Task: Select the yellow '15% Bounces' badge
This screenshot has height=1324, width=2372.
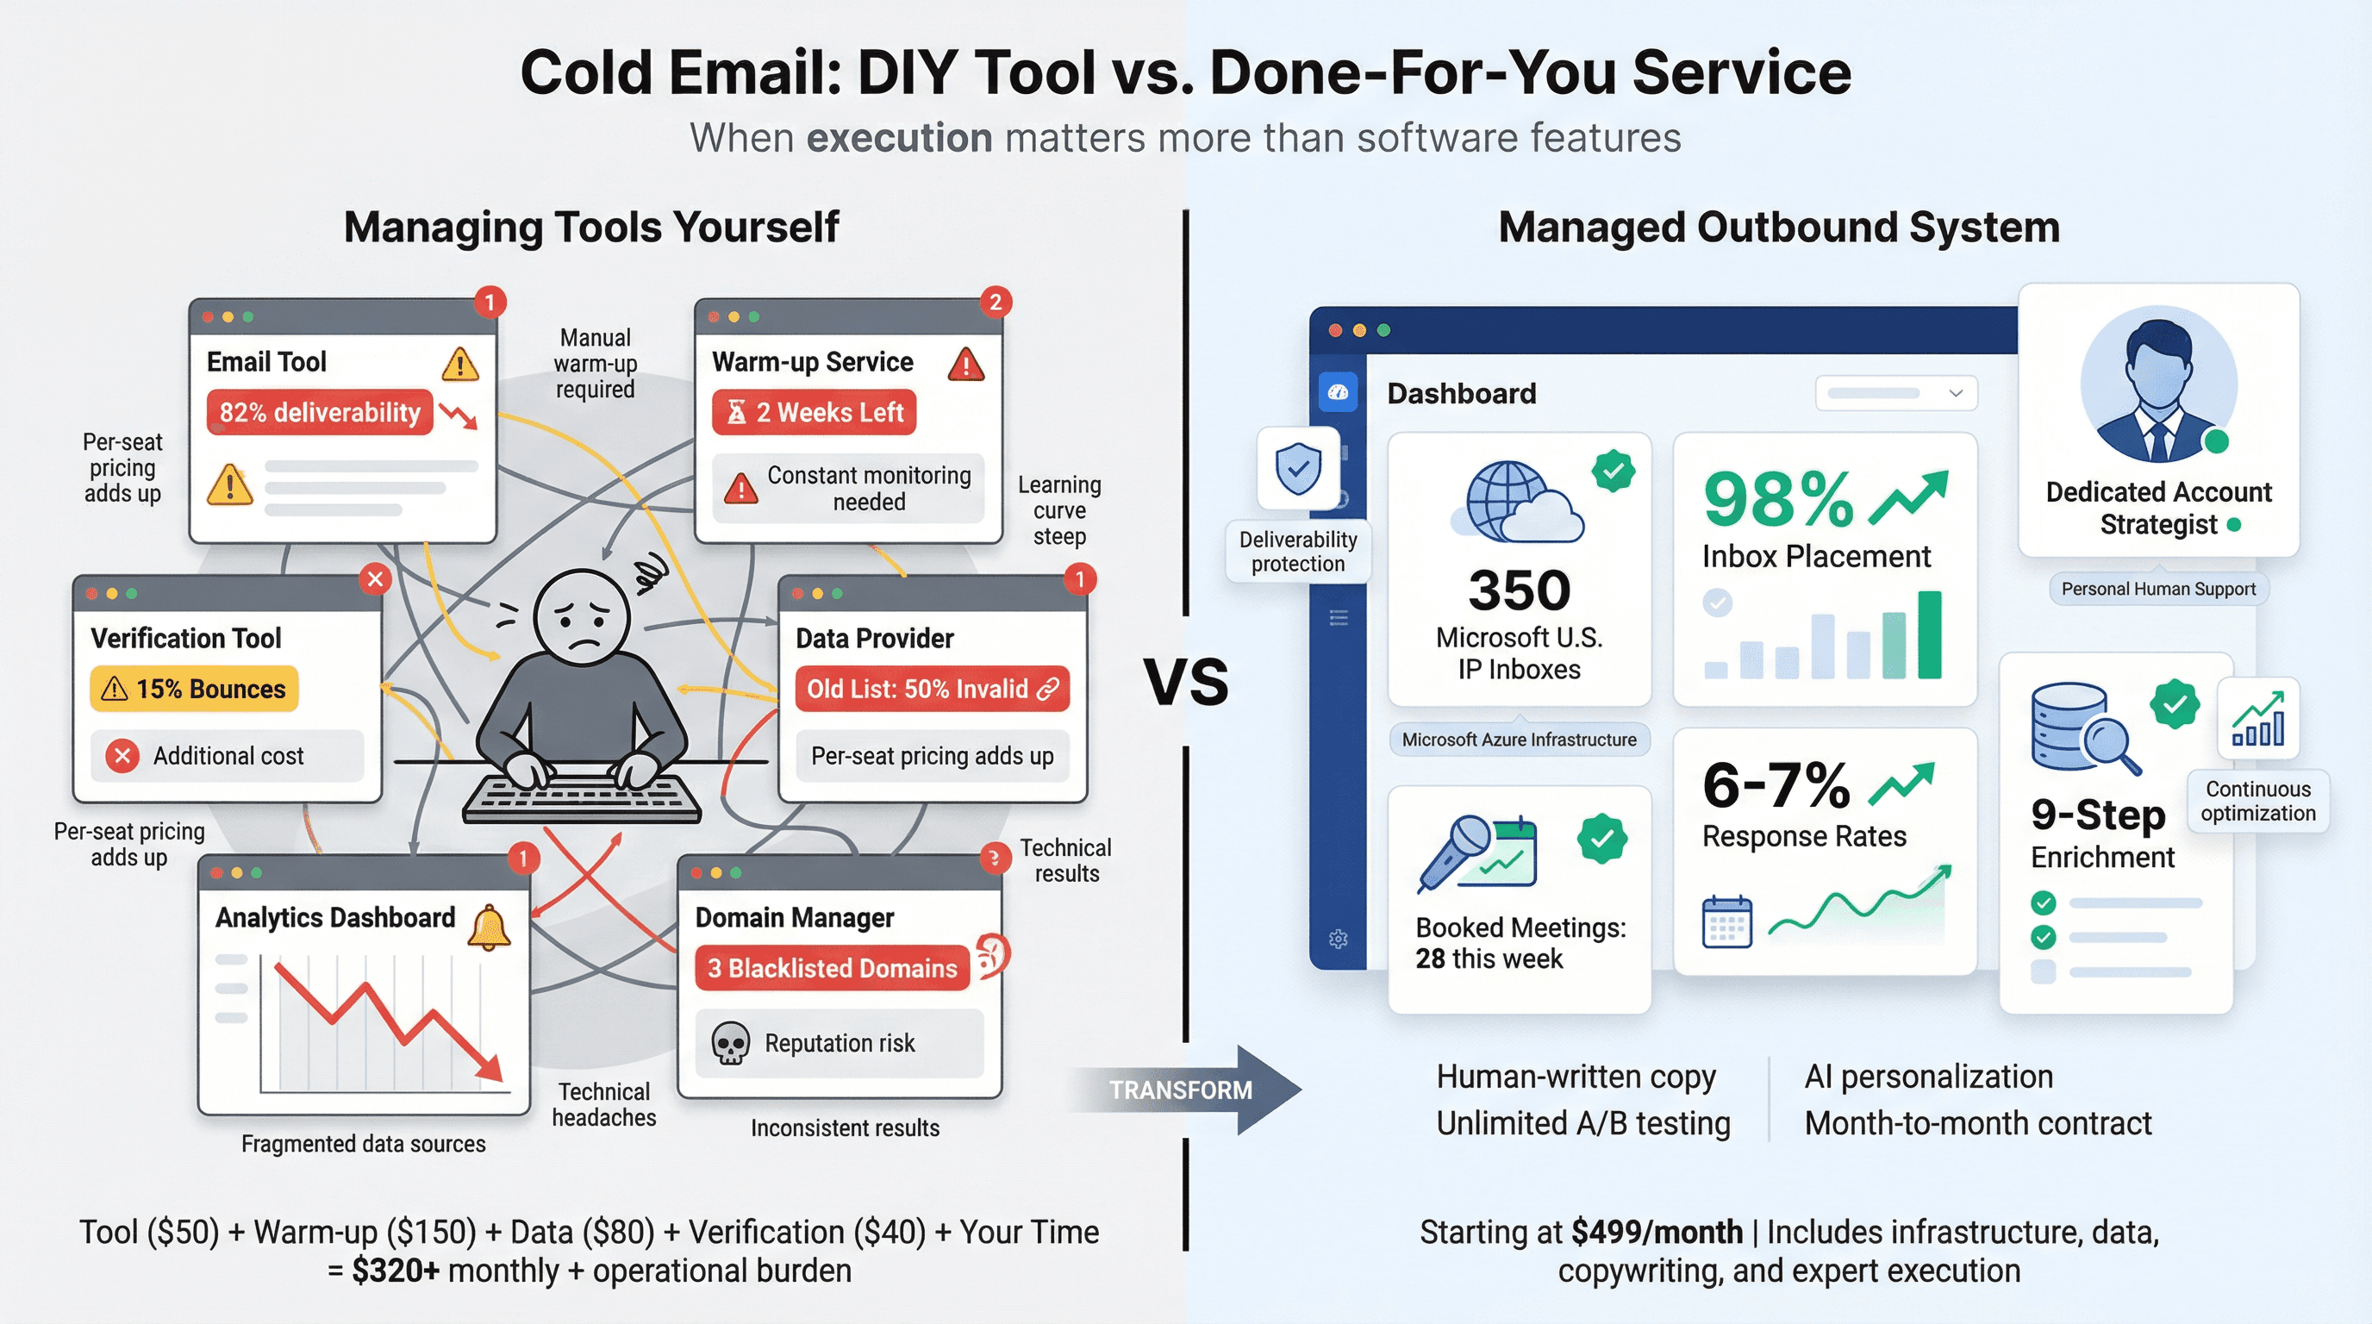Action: click(x=194, y=689)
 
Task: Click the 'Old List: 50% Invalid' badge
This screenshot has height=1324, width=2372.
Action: click(x=932, y=689)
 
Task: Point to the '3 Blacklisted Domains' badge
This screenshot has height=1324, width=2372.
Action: click(x=832, y=968)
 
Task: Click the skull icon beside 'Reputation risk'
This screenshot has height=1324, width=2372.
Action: click(x=730, y=1043)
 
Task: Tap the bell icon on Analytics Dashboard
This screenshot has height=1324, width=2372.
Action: click(x=489, y=927)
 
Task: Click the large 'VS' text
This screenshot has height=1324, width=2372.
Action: click(x=1186, y=682)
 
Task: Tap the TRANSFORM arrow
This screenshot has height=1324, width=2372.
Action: click(x=1188, y=1090)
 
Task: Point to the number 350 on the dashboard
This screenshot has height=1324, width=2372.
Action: click(x=1520, y=590)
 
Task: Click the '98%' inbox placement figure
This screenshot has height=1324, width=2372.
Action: click(x=1778, y=500)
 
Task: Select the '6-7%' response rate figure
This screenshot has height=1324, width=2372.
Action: click(x=1776, y=785)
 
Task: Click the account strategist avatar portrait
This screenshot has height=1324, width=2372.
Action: click(x=2157, y=384)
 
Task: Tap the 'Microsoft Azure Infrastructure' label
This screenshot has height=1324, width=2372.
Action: click(x=1520, y=740)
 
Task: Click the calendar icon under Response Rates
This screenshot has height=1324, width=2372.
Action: click(x=1727, y=921)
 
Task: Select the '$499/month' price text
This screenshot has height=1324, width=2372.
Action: click(x=1657, y=1231)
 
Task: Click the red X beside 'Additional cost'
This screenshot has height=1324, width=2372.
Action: click(x=122, y=756)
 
